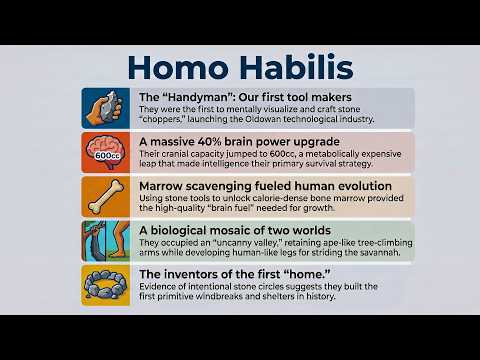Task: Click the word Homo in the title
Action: coord(178,67)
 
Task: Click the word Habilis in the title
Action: coord(296,67)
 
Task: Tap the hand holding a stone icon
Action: coord(106,108)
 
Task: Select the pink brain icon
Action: coord(106,153)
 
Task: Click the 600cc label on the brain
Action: coord(107,156)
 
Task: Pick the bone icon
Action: coord(106,197)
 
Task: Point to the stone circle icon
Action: coord(106,285)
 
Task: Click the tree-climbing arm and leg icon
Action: coord(106,241)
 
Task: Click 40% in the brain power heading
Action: coord(209,142)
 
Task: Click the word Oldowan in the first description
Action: coord(263,119)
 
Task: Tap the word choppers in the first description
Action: coord(161,119)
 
